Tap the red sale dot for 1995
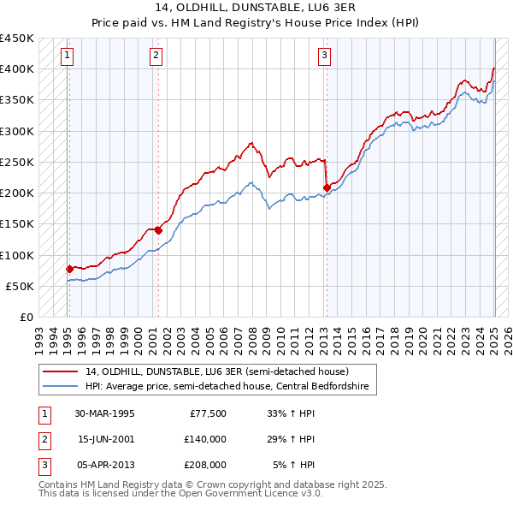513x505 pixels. click(x=69, y=269)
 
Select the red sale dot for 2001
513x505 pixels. click(x=158, y=229)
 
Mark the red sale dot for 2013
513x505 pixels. click(x=327, y=187)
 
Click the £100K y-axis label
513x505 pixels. click(x=16, y=255)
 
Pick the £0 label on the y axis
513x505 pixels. click(x=25, y=318)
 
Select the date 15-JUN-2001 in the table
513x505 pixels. click(x=104, y=439)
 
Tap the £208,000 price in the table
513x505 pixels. click(x=205, y=465)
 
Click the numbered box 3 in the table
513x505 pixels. click(x=43, y=465)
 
